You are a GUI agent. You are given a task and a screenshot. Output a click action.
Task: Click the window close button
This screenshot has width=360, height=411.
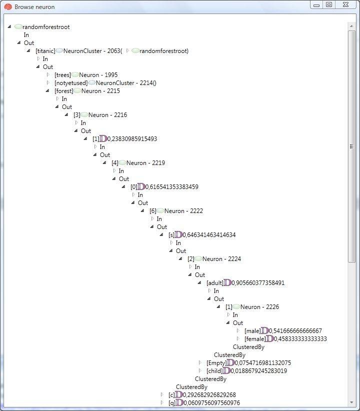point(345,4)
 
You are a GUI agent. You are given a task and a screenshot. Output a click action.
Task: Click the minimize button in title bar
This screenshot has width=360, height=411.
point(316,4)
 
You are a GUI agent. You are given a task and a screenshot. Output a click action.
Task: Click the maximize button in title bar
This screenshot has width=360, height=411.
point(329,4)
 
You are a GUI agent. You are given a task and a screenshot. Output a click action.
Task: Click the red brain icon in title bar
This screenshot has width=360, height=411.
point(8,7)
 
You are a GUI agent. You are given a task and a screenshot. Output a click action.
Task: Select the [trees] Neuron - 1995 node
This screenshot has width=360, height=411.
point(86,75)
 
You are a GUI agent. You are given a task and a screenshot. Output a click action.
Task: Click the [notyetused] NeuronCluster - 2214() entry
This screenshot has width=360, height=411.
point(105,83)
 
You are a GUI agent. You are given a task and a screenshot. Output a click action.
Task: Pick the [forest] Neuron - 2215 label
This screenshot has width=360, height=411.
point(87,91)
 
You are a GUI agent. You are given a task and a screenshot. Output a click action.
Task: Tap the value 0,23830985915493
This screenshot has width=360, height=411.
point(132,139)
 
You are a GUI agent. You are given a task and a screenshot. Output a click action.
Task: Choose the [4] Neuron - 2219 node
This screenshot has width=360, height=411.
point(138,163)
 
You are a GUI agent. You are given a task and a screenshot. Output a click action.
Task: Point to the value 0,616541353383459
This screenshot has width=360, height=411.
point(171,187)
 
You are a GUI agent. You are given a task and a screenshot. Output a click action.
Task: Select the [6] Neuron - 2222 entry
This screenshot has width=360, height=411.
point(176,211)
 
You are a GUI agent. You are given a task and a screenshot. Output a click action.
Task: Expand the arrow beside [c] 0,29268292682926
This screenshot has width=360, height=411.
point(162,394)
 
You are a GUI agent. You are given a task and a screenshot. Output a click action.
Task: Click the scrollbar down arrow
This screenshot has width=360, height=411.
point(351,402)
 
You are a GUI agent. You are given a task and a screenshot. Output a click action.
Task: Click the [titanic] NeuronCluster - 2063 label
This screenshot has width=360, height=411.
point(78,51)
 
